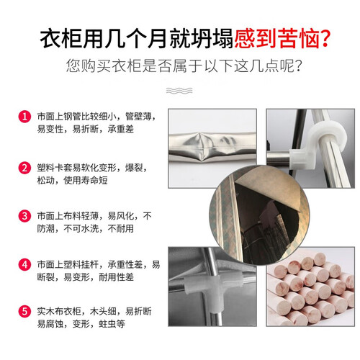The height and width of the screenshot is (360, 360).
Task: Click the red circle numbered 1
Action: pyautogui.click(x=24, y=117)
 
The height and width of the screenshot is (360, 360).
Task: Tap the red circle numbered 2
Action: pyautogui.click(x=24, y=168)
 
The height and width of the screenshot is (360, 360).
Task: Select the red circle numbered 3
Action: pyautogui.click(x=24, y=216)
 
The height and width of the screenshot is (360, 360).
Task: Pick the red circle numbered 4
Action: pyautogui.click(x=24, y=265)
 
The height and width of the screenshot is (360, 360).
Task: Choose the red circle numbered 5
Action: pyautogui.click(x=24, y=312)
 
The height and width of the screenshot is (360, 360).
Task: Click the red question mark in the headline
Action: pyautogui.click(x=325, y=38)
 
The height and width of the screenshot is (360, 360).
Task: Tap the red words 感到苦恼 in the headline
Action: pyautogui.click(x=276, y=38)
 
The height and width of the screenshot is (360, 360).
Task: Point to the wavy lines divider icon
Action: pyautogui.click(x=179, y=91)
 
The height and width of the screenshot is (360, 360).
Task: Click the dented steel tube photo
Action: pyautogui.click(x=212, y=148)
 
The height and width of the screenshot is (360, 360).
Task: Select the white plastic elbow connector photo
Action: pyautogui.click(x=310, y=148)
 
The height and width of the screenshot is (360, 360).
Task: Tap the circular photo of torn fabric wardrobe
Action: pyautogui.click(x=259, y=215)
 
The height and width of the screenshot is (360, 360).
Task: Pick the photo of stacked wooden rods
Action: pyautogui.click(x=310, y=287)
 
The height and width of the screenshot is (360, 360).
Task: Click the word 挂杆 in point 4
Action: pyautogui.click(x=90, y=265)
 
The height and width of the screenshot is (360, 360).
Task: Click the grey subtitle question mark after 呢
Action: pyautogui.click(x=298, y=66)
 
